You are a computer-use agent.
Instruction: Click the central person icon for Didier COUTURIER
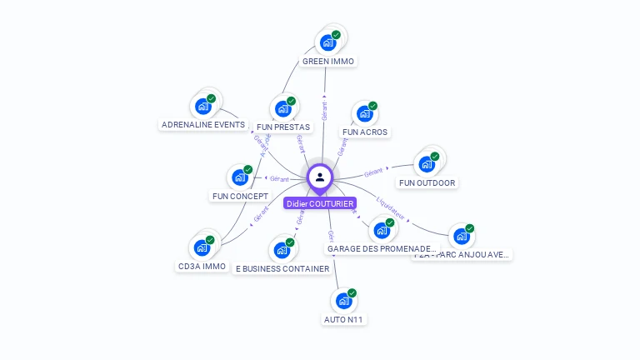click(320, 177)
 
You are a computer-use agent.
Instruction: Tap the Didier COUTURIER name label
click(320, 203)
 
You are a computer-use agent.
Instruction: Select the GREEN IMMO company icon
click(327, 42)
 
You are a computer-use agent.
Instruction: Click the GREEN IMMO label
click(328, 62)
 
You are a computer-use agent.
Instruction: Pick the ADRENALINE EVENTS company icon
click(202, 106)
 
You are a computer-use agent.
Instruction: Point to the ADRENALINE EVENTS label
click(203, 125)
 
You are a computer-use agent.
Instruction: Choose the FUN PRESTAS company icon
click(282, 108)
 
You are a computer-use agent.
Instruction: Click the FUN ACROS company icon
click(364, 113)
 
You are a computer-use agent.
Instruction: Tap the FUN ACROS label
click(365, 132)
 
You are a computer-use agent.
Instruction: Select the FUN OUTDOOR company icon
click(427, 163)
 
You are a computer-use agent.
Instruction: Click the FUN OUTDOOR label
click(428, 182)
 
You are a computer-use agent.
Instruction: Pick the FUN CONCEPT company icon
click(239, 177)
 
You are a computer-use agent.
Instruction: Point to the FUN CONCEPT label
click(240, 197)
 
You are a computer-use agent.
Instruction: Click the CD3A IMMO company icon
click(202, 247)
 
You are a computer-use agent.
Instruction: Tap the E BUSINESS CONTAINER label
click(282, 268)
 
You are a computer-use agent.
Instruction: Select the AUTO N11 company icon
click(343, 300)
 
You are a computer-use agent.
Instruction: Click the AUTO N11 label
click(344, 319)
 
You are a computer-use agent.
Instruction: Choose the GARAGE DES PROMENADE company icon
click(381, 230)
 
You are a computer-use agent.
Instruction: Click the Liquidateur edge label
click(391, 207)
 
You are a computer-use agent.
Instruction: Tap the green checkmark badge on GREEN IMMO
click(336, 35)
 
